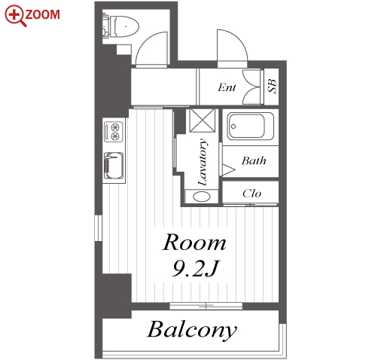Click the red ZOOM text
pyautogui.click(x=43, y=14)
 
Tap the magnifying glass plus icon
pyautogui.click(x=15, y=16)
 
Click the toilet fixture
pyautogui.click(x=120, y=26)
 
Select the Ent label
pyautogui.click(x=227, y=87)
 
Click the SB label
pyautogui.click(x=272, y=86)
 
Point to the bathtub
pyautogui.click(x=250, y=127)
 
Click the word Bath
pyautogui.click(x=254, y=160)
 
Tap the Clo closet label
pyautogui.click(x=252, y=194)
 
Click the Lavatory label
pyautogui.click(x=203, y=162)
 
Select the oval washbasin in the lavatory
pyautogui.click(x=202, y=197)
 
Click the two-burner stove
pyautogui.click(x=114, y=132)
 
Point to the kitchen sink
pyautogui.click(x=114, y=166)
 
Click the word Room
pyautogui.click(x=194, y=243)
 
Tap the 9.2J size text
pyautogui.click(x=196, y=268)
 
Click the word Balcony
pyautogui.click(x=192, y=329)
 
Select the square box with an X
pyautogui.click(x=202, y=121)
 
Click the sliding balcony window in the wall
pyautogui.click(x=206, y=306)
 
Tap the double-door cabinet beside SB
pyautogui.click(x=252, y=87)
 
